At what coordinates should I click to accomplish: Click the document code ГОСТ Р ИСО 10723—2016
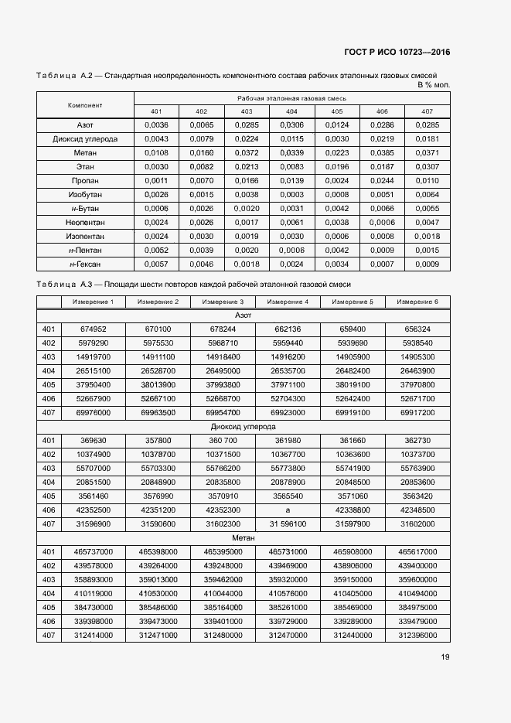[397, 52]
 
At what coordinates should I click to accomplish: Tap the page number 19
[445, 657]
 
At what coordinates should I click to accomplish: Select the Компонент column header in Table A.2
[85, 104]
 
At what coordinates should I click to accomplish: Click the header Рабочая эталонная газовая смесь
[291, 98]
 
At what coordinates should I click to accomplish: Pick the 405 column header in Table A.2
[337, 111]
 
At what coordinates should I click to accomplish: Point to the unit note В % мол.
[433, 84]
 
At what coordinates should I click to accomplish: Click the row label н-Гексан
[85, 264]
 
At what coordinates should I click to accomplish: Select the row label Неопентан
[85, 222]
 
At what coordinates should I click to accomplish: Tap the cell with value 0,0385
[382, 152]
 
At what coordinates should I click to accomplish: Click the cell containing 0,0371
[427, 152]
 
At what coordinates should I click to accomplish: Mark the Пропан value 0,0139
[291, 180]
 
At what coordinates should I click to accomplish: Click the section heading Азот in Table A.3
[243, 315]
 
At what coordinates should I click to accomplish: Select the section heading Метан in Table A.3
[243, 537]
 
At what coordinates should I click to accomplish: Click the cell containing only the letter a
[288, 510]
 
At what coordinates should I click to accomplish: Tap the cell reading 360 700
[223, 440]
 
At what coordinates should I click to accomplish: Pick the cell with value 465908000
[353, 551]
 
